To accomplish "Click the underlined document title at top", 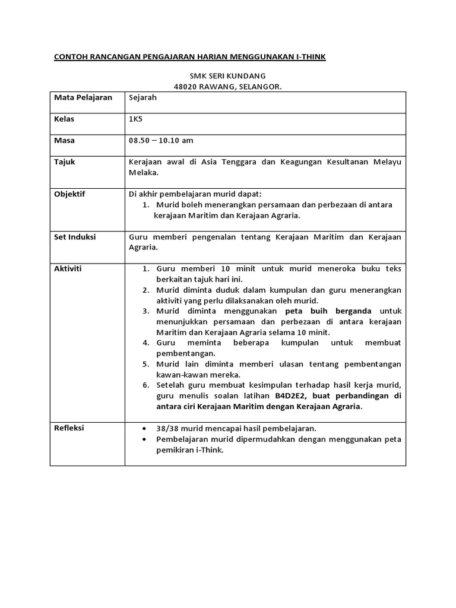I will pyautogui.click(x=190, y=57).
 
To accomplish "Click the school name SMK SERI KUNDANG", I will pyautogui.click(x=227, y=76).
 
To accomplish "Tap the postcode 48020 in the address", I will pyautogui.click(x=185, y=87).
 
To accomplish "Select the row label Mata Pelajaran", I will pyautogui.click(x=83, y=97).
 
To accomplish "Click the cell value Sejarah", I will pyautogui.click(x=142, y=97).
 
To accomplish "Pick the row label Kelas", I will pyautogui.click(x=64, y=119).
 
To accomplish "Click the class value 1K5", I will pyautogui.click(x=136, y=119).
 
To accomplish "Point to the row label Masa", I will pyautogui.click(x=65, y=141).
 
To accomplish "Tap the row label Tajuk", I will pyautogui.click(x=65, y=162).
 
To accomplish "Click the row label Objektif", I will pyautogui.click(x=69, y=194).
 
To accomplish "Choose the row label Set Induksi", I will pyautogui.click(x=74, y=237).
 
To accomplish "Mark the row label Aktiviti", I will pyautogui.click(x=68, y=269).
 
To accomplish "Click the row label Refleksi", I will pyautogui.click(x=69, y=428).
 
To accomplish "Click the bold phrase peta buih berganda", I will pyautogui.click(x=328, y=311).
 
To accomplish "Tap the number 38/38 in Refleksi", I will pyautogui.click(x=167, y=428).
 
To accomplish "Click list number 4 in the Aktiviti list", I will pyautogui.click(x=145, y=343).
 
